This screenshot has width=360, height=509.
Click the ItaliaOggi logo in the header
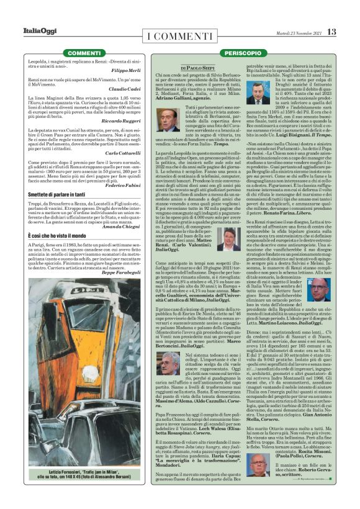point(38,31)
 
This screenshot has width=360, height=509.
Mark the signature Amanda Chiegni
point(124,227)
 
